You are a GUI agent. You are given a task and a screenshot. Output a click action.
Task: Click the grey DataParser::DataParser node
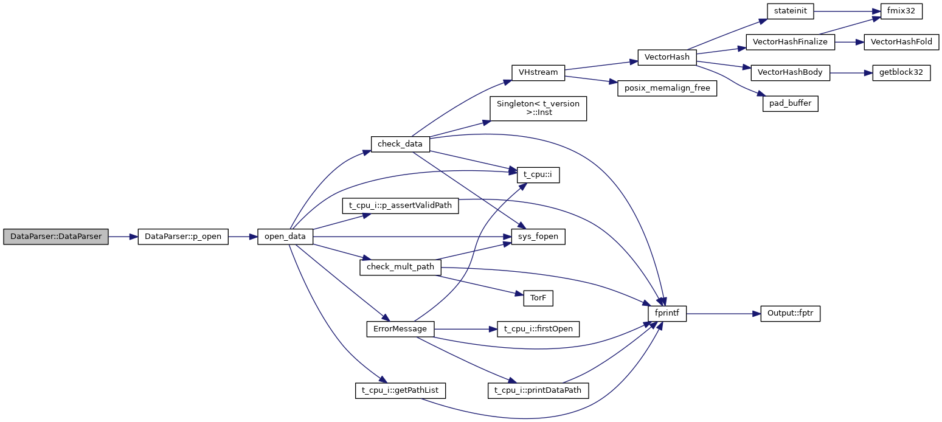point(56,237)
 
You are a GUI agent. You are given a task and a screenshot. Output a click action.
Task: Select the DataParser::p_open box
point(183,237)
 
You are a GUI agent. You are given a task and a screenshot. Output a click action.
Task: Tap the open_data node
point(285,237)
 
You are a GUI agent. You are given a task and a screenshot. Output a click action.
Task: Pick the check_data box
point(400,144)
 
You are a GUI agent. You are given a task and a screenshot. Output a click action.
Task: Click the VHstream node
point(538,72)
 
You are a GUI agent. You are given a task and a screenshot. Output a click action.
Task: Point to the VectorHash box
point(667,57)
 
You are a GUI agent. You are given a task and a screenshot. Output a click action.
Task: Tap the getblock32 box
point(901,72)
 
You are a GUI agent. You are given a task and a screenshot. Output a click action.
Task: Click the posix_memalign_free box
point(667,88)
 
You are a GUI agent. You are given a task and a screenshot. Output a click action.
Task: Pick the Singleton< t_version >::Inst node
point(538,108)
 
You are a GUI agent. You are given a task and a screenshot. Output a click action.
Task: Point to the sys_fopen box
point(538,237)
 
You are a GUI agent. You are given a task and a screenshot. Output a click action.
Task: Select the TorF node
point(538,298)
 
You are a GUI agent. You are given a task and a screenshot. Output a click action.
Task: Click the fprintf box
point(667,314)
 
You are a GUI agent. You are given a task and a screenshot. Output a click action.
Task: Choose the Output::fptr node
point(791,314)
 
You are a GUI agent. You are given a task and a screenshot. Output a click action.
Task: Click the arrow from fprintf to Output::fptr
point(724,314)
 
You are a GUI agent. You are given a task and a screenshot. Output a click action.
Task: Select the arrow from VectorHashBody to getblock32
point(851,72)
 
